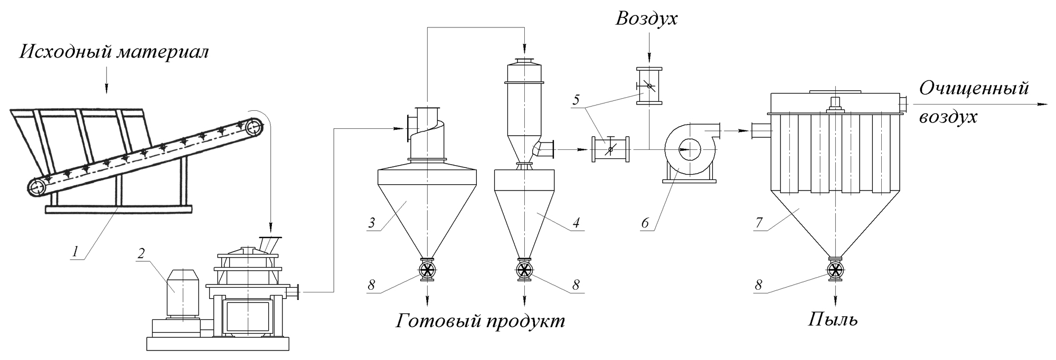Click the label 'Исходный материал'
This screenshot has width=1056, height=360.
pos(114,52)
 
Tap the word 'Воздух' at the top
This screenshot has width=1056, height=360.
pos(646,19)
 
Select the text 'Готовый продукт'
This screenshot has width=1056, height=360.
pos(480,320)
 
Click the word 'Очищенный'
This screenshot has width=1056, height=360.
pos(974,88)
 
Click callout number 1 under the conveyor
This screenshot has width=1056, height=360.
pos(77,252)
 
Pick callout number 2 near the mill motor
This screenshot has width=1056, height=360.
pos(141,253)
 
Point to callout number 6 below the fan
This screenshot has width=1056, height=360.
pos(645,223)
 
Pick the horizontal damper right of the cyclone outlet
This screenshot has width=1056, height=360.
pos(610,150)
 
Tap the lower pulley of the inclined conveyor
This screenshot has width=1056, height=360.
pos(37,187)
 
